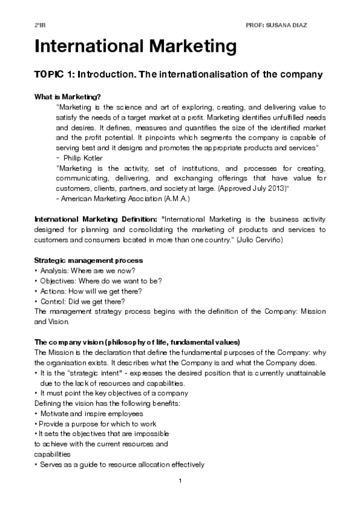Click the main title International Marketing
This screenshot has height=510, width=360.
coord(135,46)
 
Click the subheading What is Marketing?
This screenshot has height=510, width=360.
coord(67,97)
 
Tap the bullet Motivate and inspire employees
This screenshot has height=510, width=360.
coord(92,414)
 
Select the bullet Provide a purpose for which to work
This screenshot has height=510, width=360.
coord(99,424)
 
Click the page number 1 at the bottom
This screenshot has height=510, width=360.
coord(180,481)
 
